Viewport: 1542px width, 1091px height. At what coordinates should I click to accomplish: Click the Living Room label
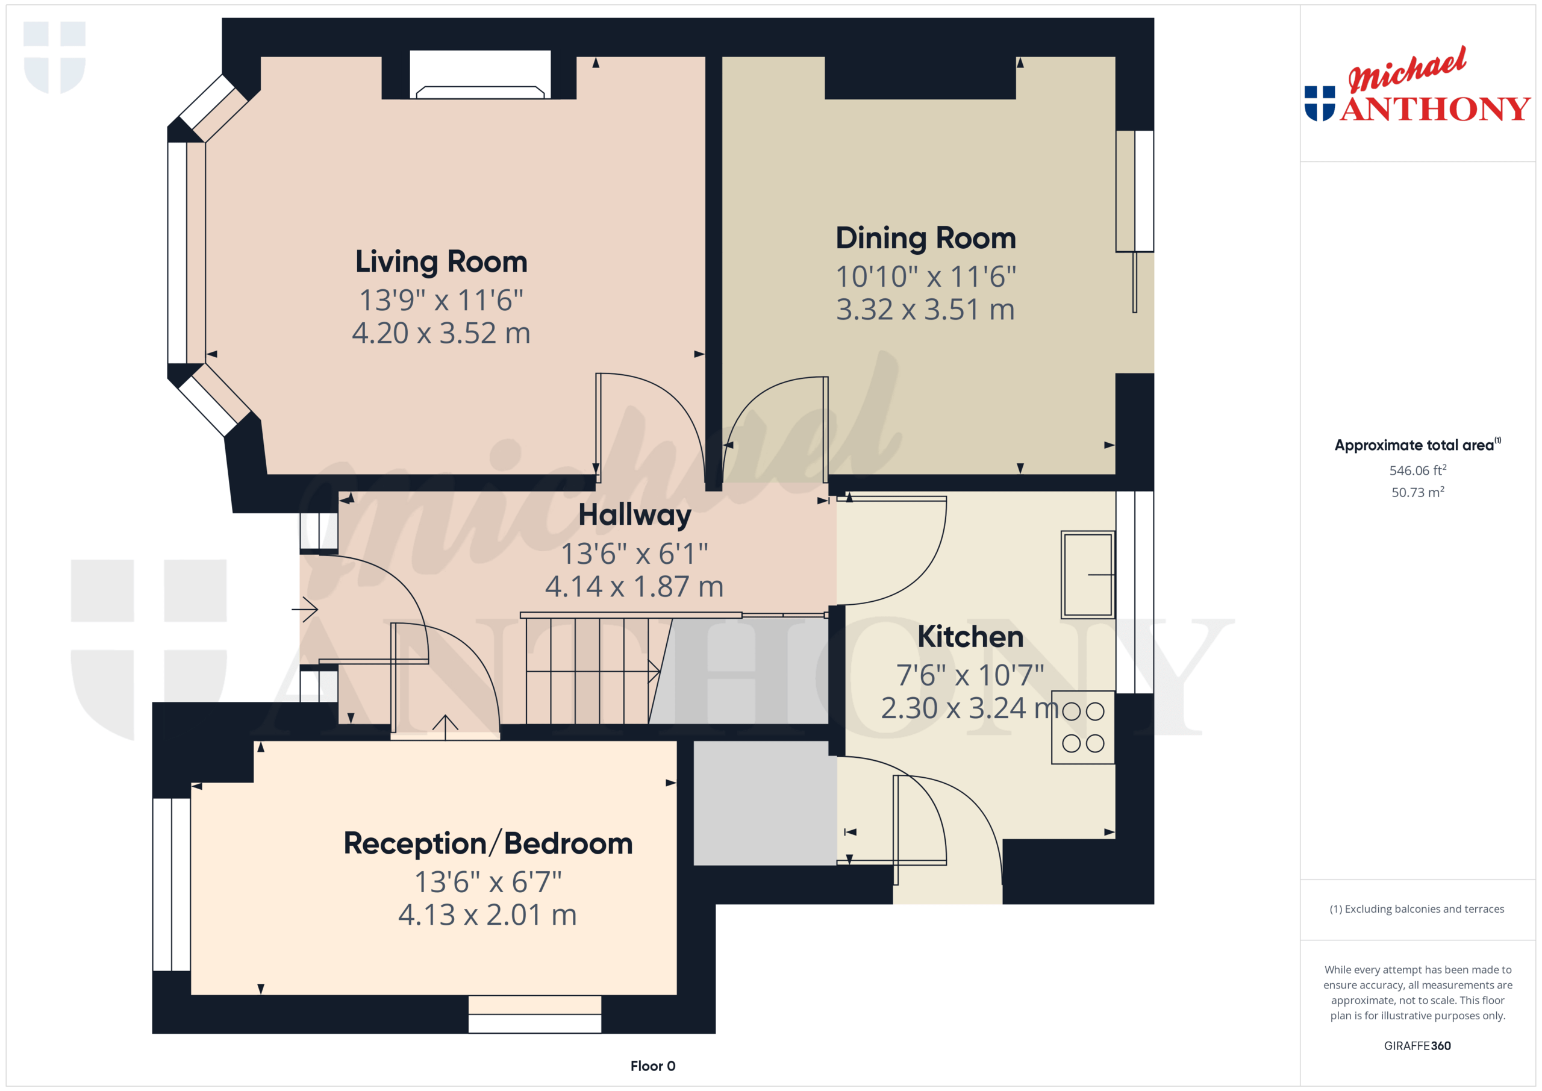(442, 262)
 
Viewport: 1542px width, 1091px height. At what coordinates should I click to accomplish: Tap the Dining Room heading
(925, 239)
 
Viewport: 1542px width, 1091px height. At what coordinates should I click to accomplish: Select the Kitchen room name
(970, 637)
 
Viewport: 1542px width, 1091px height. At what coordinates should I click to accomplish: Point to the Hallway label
(635, 516)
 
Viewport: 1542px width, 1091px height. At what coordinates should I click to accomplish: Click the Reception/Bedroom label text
(489, 844)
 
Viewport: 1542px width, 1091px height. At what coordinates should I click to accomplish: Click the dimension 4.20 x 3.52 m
(442, 333)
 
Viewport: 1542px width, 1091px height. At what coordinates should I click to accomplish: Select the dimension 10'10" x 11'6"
(925, 277)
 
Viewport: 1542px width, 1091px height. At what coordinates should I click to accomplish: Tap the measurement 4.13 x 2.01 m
(487, 915)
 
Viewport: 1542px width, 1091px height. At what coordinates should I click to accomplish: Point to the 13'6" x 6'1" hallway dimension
(635, 554)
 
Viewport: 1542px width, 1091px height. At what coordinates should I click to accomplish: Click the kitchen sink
(1088, 574)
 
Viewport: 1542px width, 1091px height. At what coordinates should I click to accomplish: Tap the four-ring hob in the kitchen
(1083, 728)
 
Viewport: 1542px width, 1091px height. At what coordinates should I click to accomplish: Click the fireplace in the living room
(480, 75)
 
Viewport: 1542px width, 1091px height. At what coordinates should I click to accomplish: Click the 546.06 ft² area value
(1418, 470)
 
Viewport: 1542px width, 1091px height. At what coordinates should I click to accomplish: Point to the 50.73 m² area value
(1418, 492)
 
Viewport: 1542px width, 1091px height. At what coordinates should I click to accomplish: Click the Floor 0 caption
(653, 1066)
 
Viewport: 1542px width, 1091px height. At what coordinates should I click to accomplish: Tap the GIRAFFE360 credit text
(1417, 1046)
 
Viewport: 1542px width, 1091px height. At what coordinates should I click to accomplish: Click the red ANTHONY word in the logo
(1435, 109)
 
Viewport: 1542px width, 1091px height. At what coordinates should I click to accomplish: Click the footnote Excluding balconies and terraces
(1417, 909)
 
